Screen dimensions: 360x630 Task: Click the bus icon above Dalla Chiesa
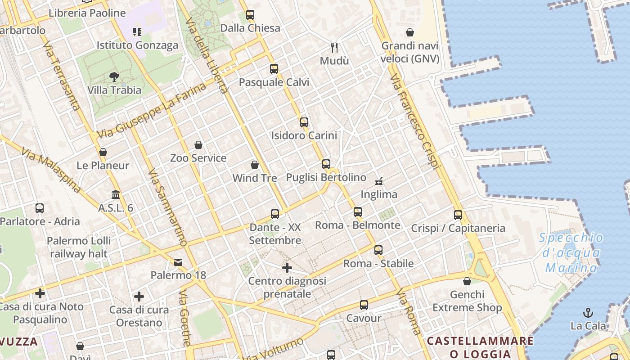coord(250,15)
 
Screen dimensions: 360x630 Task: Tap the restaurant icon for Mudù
coord(334,47)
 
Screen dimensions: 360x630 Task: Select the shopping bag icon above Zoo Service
coord(198,145)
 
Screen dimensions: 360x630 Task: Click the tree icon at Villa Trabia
coord(114,77)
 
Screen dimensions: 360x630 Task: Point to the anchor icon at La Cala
coord(588,312)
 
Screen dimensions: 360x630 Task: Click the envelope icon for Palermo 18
coord(178,262)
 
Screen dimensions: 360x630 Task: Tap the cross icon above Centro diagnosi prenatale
coord(287,268)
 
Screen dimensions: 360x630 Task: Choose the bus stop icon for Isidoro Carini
coord(304,122)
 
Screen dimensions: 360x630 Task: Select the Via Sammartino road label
coord(167,207)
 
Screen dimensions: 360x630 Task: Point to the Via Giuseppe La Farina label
coord(151,110)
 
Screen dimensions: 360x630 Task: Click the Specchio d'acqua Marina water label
coord(571,253)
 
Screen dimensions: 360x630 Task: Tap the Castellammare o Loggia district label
coord(480,347)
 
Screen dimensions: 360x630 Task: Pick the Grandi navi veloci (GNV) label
coord(410,52)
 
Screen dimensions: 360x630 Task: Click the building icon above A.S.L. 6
coord(116,195)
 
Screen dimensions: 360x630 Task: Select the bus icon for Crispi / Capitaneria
coord(458,215)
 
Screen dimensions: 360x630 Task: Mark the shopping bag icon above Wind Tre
coord(255,165)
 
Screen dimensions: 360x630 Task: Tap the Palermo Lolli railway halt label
coord(79,247)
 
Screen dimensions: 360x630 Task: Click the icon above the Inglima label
coord(379,181)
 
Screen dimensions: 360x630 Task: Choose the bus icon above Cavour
coord(364,305)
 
